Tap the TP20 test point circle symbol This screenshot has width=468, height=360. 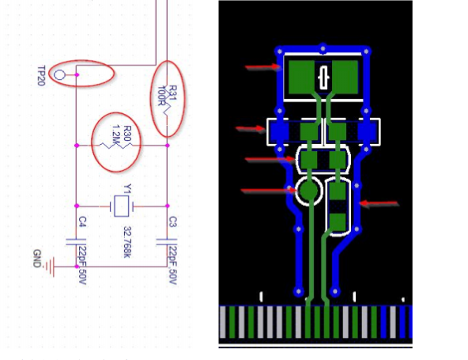pos(59,75)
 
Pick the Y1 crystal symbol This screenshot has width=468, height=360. pos(121,207)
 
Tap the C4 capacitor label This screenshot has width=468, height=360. pos(81,220)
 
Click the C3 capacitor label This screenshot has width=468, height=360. pos(173,220)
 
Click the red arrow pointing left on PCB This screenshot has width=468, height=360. pos(381,203)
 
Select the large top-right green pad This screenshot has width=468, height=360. pos(345,77)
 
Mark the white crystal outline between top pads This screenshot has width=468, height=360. pos(323,78)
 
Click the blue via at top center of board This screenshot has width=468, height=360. pos(323,47)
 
